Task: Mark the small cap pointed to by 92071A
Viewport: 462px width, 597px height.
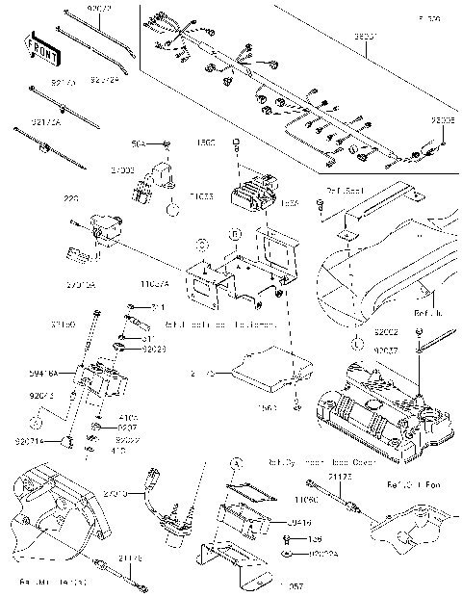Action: pyautogui.click(x=67, y=441)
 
